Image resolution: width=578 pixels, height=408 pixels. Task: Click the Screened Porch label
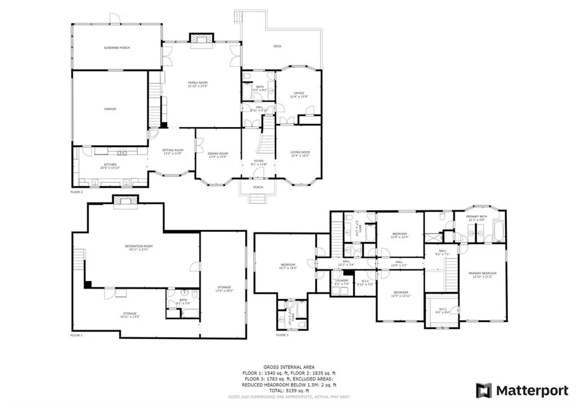pos(117,48)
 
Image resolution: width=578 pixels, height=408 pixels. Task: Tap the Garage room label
pos(110,108)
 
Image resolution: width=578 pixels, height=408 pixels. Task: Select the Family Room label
pos(198,83)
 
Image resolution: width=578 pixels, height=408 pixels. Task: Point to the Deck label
pos(277,46)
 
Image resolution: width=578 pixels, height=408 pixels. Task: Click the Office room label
pos(299,93)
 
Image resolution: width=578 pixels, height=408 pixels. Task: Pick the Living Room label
pos(300,152)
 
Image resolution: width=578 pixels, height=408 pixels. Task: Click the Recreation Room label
pos(139,247)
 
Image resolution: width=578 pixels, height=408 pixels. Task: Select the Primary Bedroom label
pos(481,274)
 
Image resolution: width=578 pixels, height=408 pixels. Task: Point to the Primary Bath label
pos(476,217)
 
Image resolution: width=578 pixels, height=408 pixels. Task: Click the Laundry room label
pos(342,280)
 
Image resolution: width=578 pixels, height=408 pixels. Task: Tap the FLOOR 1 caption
pos(76,335)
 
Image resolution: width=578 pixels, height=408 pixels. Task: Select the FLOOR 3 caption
pos(282,335)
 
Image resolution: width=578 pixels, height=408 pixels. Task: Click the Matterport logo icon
pos(483,390)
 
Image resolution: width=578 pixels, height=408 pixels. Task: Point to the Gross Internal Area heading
pos(288,367)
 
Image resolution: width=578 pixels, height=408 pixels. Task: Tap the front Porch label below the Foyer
pos(258,187)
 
